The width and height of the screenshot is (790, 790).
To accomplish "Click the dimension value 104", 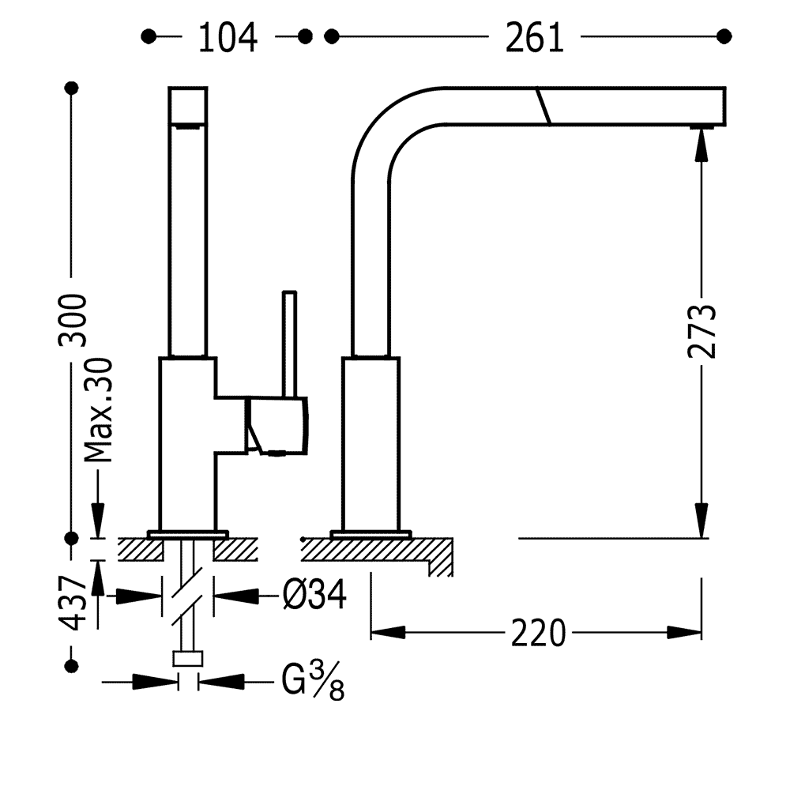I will (228, 37).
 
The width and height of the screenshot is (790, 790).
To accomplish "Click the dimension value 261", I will (535, 37).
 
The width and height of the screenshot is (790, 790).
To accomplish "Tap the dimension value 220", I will (540, 633).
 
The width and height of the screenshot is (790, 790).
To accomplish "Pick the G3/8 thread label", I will (313, 681).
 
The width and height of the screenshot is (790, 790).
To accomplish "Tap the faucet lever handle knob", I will (278, 427).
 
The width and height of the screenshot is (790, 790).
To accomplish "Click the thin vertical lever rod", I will (289, 344).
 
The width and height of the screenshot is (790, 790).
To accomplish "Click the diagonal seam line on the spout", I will (543, 106).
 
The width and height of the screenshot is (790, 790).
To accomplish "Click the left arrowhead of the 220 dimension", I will (386, 633).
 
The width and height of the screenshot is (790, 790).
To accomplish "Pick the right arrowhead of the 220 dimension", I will (685, 633).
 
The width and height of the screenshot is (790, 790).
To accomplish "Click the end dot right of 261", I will (722, 36).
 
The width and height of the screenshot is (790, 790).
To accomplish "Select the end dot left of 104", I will (146, 36).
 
